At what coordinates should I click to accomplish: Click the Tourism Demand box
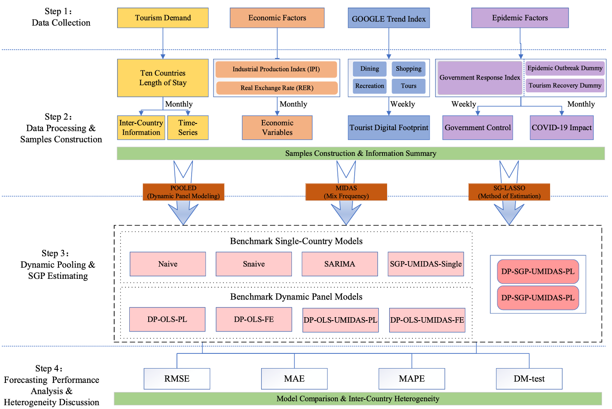pyautogui.click(x=163, y=18)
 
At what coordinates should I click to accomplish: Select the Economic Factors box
pyautogui.click(x=277, y=18)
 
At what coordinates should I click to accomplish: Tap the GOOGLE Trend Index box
pyautogui.click(x=388, y=18)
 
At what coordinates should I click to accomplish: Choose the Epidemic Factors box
pyautogui.click(x=520, y=18)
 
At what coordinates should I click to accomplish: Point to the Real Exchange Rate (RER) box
pyautogui.click(x=277, y=88)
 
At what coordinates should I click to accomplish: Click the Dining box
pyautogui.click(x=369, y=69)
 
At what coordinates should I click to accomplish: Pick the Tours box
pyautogui.click(x=408, y=86)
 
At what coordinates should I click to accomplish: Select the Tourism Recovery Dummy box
pyautogui.click(x=565, y=86)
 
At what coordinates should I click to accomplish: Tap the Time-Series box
pyautogui.click(x=188, y=128)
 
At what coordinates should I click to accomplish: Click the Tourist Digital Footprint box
pyautogui.click(x=389, y=128)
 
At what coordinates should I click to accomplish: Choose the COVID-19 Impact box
pyautogui.click(x=561, y=128)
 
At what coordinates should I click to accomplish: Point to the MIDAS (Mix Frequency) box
pyautogui.click(x=346, y=192)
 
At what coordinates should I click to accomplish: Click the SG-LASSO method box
pyautogui.click(x=509, y=192)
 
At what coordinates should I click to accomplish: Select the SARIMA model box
pyautogui.click(x=339, y=264)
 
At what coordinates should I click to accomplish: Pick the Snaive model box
pyautogui.click(x=254, y=264)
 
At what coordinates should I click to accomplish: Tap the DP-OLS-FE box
pyautogui.click(x=254, y=319)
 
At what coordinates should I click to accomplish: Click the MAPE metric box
pyautogui.click(x=412, y=379)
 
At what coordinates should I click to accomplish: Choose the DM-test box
pyautogui.click(x=529, y=379)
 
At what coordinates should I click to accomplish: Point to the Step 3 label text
pyautogui.click(x=58, y=265)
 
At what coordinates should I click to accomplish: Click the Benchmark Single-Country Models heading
pyautogui.click(x=296, y=241)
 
